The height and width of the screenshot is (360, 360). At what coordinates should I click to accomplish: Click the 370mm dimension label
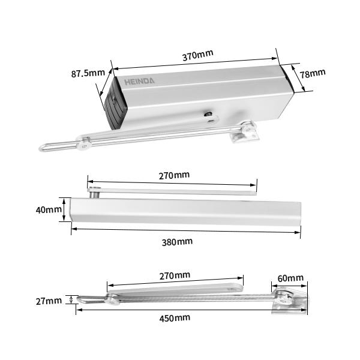click(x=197, y=55)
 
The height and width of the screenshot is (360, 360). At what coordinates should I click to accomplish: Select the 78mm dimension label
click(x=313, y=73)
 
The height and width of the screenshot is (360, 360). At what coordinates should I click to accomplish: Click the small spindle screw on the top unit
click(x=208, y=115)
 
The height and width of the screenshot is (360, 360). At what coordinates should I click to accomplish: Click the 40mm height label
click(x=49, y=210)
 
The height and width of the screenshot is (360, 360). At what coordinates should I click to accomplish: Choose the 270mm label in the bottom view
click(x=174, y=275)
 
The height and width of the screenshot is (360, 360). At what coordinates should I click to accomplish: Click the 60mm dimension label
click(x=291, y=278)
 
